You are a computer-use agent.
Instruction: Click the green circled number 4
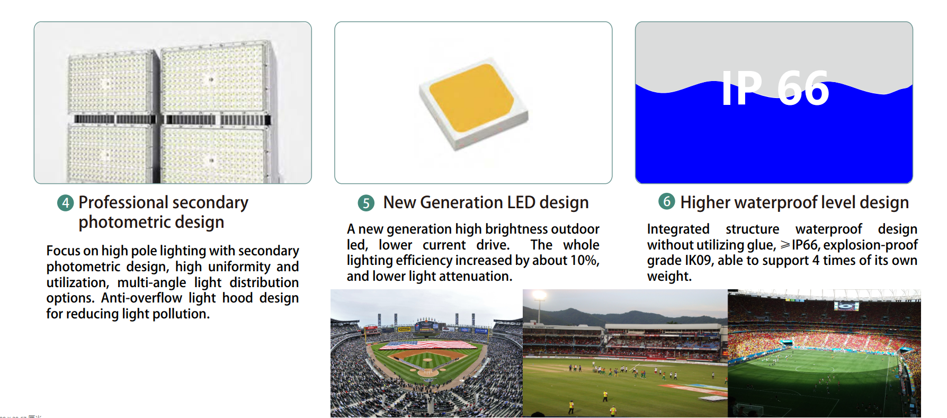point(65,203)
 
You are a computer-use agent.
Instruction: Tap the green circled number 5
point(366,203)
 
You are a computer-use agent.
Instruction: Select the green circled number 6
point(666,201)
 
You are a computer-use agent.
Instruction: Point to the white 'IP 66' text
point(775,88)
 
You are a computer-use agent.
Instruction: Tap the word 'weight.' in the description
point(669,277)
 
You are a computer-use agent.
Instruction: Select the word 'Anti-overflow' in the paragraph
point(142,298)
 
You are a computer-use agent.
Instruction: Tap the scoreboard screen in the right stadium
point(846,306)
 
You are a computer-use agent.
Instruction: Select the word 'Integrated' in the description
point(678,229)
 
